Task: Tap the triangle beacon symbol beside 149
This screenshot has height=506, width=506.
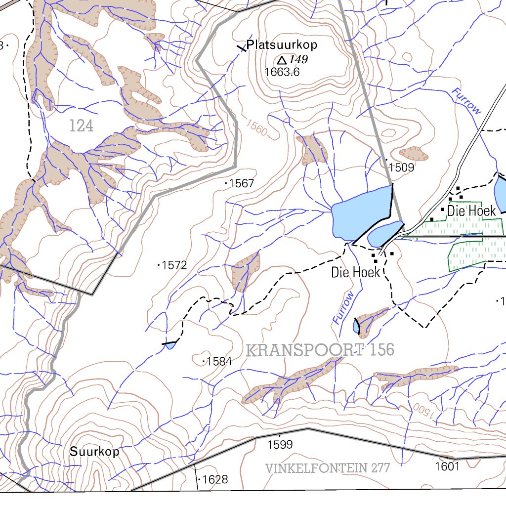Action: tap(282, 60)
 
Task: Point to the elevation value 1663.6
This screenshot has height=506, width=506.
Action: tap(282, 72)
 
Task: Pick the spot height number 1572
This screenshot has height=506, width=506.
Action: tap(174, 265)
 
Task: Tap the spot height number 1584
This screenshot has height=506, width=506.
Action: tap(219, 361)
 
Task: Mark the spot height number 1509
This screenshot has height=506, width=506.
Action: tap(401, 168)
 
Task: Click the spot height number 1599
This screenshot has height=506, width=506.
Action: tap(280, 445)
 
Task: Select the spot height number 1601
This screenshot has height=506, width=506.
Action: tap(448, 466)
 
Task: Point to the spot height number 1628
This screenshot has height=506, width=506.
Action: tap(215, 479)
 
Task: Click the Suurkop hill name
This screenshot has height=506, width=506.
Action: tap(94, 452)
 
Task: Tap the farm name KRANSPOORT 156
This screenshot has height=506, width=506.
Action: tap(320, 350)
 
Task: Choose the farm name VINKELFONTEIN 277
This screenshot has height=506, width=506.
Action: tap(328, 468)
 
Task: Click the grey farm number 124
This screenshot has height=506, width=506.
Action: tap(81, 126)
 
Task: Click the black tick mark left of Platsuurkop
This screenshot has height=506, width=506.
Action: tap(241, 47)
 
